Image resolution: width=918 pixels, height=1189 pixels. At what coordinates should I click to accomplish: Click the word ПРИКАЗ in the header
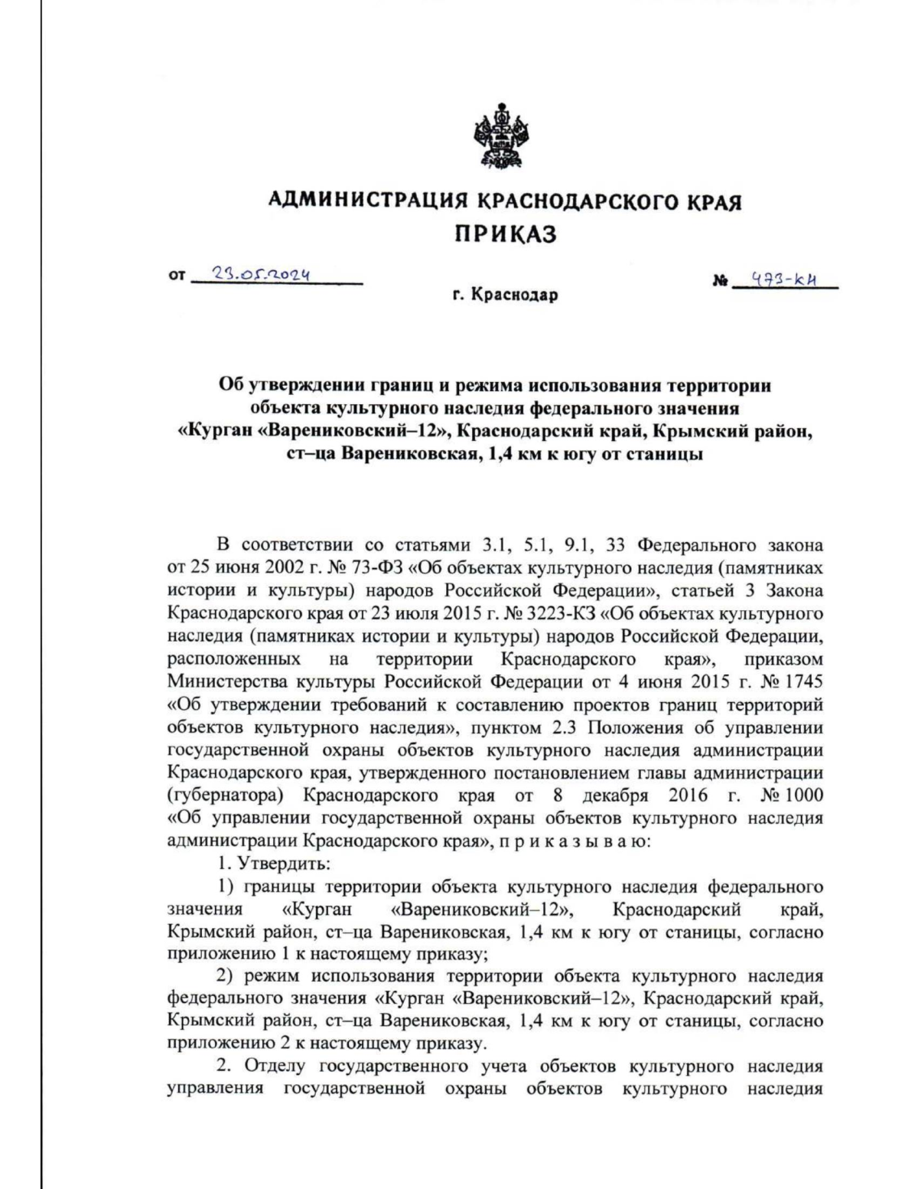click(506, 234)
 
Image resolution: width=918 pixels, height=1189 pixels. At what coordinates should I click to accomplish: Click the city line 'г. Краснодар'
click(505, 295)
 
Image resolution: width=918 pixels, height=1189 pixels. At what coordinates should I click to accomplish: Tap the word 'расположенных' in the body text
click(233, 659)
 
